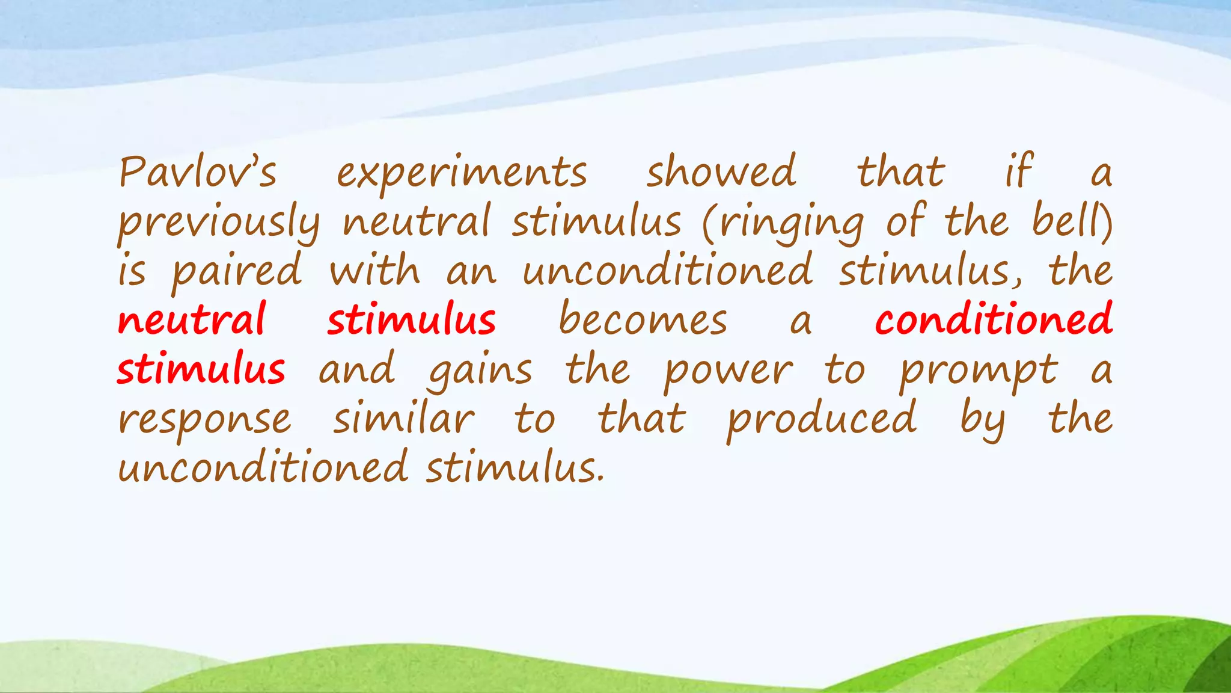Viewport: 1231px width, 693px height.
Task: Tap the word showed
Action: click(721, 172)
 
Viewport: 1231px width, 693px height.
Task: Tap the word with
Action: click(374, 271)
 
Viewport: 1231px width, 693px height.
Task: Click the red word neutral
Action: click(192, 320)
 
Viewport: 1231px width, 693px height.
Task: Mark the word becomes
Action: click(643, 320)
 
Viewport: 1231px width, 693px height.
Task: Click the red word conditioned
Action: click(993, 320)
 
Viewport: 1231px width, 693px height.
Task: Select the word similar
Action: click(403, 419)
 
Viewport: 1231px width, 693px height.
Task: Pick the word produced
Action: click(821, 420)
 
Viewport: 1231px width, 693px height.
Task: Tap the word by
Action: click(982, 420)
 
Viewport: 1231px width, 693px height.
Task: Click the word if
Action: click(1019, 172)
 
